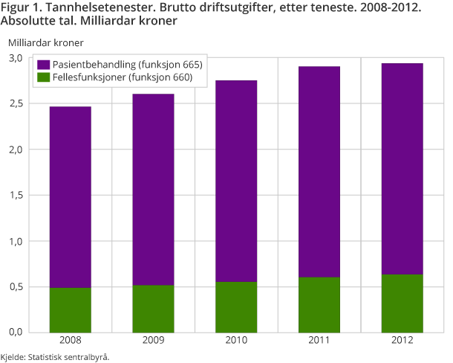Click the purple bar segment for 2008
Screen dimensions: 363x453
[71, 197]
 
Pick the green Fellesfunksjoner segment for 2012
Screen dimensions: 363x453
[402, 303]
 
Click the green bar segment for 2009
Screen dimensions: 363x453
[153, 309]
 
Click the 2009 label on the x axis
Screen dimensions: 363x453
[153, 341]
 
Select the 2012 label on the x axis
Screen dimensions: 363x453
[402, 341]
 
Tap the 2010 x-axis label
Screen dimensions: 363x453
[236, 341]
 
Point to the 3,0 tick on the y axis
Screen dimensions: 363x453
[16, 57]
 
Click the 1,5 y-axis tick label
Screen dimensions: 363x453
[16, 196]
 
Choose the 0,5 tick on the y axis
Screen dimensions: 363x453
[16, 287]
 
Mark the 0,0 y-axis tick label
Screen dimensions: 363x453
[16, 333]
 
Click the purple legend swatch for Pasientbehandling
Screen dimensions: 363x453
[43, 65]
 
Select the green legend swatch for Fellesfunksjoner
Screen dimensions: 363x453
[43, 77]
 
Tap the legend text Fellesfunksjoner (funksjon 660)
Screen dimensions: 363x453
[123, 77]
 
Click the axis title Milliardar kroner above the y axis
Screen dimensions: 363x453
[45, 42]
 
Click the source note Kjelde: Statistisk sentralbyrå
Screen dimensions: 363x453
[55, 356]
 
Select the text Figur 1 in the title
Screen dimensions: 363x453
[20, 7]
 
